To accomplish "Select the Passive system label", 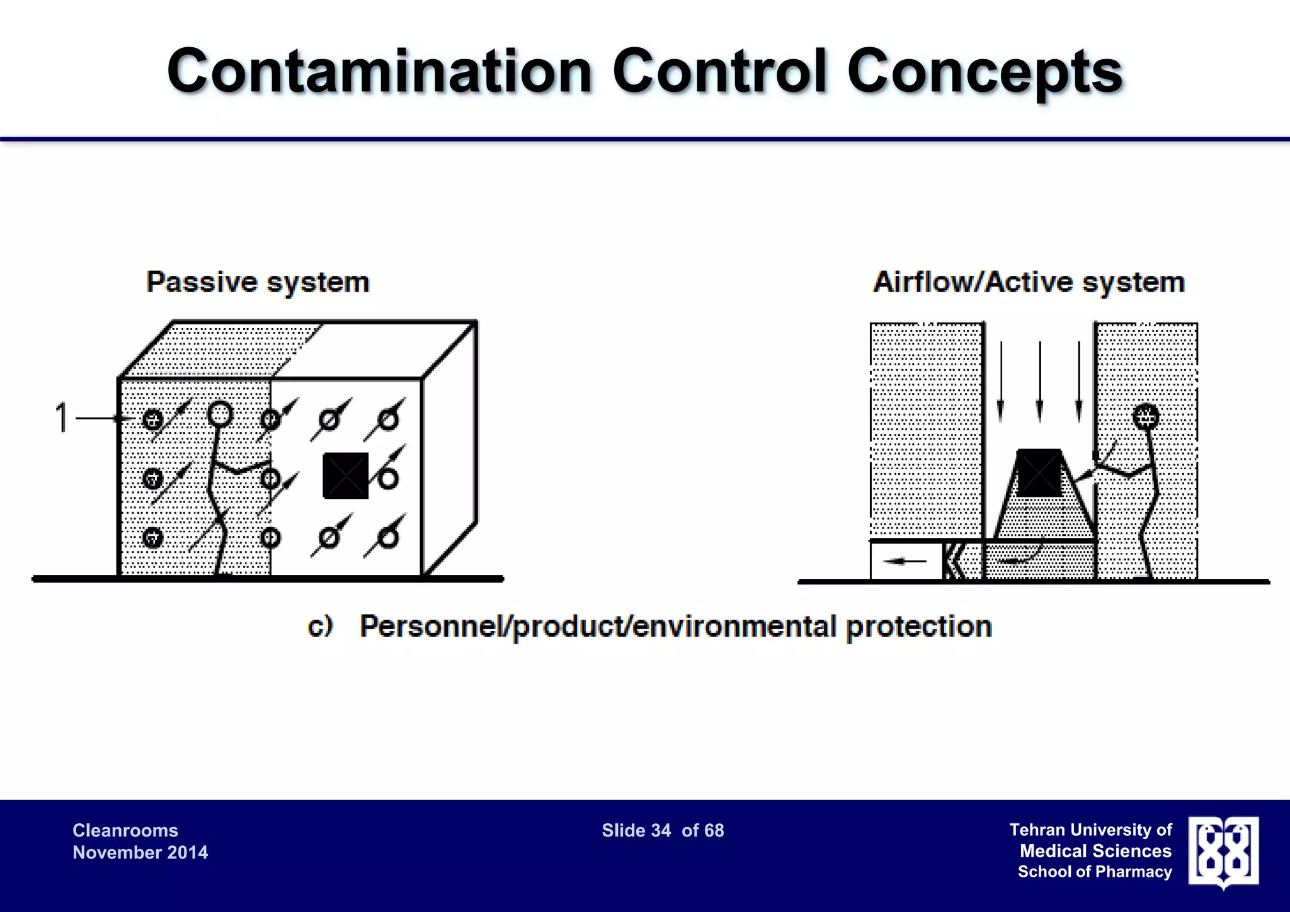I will (x=258, y=282).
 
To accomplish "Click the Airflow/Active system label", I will (x=1029, y=282).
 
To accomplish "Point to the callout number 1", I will (x=61, y=418).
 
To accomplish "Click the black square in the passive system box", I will (x=345, y=476).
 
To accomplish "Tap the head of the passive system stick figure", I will (x=220, y=414).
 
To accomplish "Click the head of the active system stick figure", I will (x=1146, y=416).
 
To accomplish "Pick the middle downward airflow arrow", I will (x=1040, y=382).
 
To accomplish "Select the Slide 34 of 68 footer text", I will (x=663, y=831).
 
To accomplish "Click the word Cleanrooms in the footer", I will (x=125, y=831).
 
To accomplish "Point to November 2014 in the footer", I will (x=140, y=853).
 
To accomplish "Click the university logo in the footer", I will (x=1223, y=851).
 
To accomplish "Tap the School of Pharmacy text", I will (x=1095, y=872).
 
